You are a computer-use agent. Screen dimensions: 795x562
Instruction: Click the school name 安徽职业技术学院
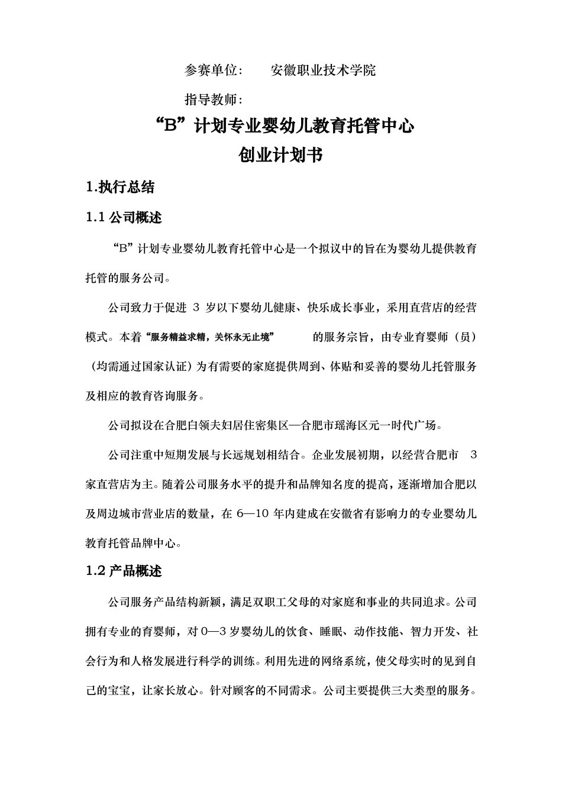point(322,70)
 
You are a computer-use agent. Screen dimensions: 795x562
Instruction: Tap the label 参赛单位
point(211,70)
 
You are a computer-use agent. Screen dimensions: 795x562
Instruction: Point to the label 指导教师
point(211,99)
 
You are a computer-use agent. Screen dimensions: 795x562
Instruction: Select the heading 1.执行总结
point(120,188)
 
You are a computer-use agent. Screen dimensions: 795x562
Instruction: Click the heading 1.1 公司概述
point(124,218)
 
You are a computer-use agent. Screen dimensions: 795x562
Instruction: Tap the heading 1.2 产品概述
point(124,571)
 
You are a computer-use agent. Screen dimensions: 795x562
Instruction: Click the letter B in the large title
point(171,127)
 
